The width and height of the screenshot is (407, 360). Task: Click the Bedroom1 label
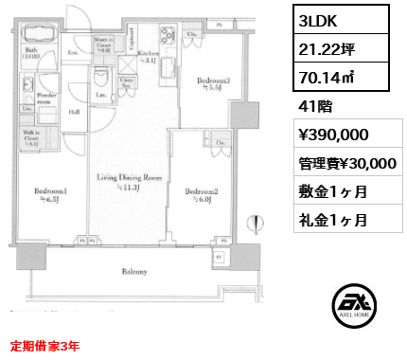(x=50, y=191)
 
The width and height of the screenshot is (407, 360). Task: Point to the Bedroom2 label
(x=201, y=191)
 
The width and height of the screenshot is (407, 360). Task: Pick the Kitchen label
(x=148, y=54)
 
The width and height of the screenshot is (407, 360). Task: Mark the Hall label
(x=74, y=112)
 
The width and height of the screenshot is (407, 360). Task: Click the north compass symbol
(x=253, y=225)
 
